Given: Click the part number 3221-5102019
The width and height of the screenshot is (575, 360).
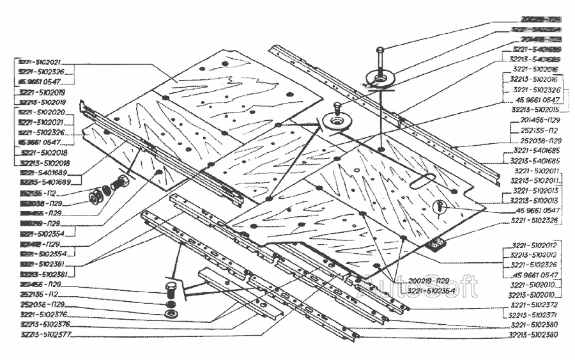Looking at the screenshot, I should tap(40, 92).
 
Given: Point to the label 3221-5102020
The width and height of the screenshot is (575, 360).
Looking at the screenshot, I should tap(40, 112).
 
